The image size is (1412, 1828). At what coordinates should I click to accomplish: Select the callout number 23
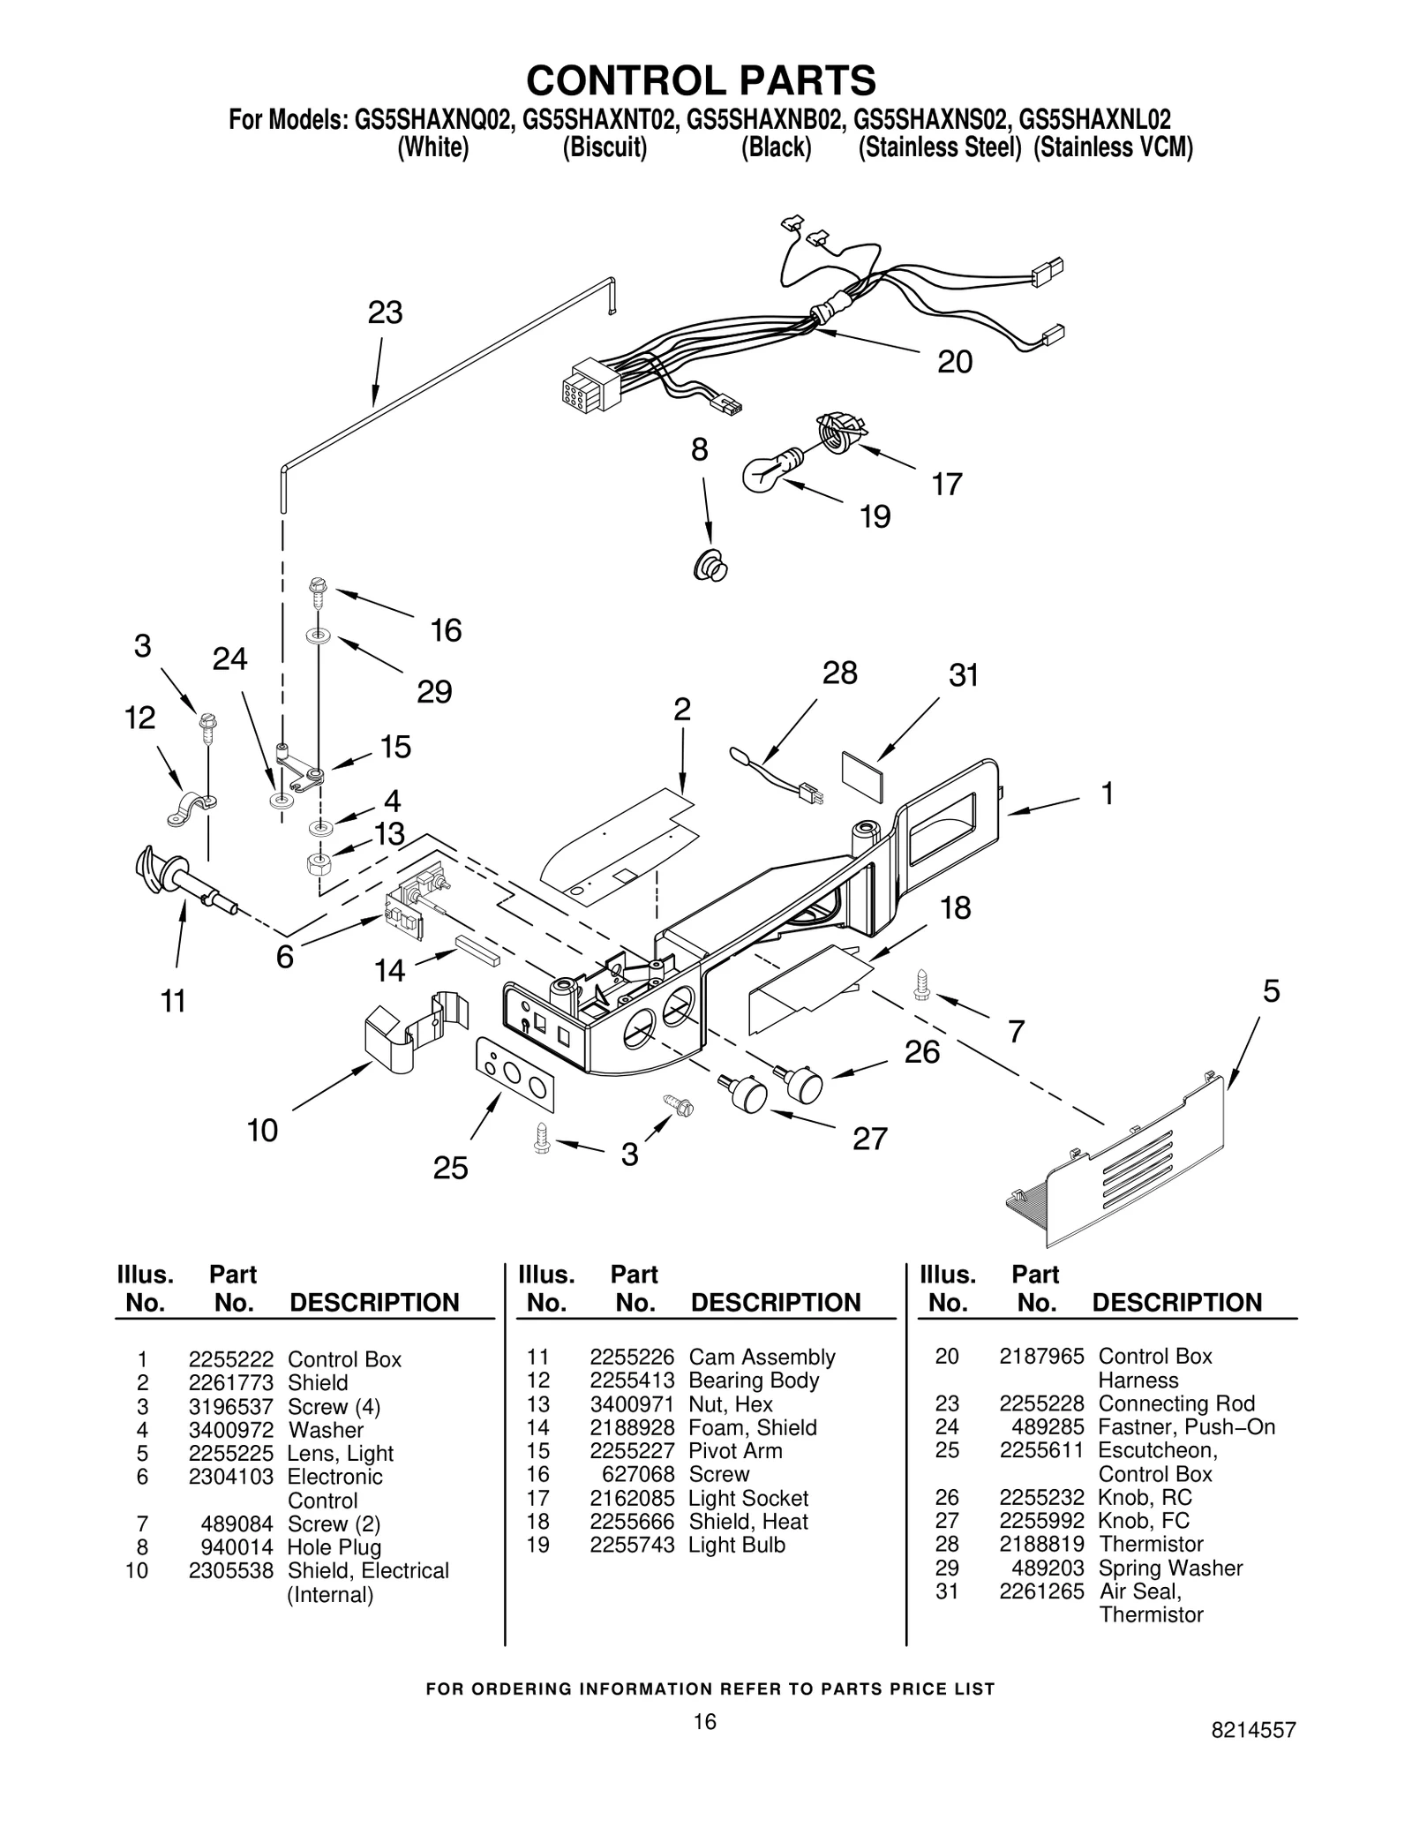click(385, 312)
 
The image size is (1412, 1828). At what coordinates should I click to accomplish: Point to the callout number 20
click(954, 362)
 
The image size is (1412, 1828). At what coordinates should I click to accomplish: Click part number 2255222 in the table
click(230, 1359)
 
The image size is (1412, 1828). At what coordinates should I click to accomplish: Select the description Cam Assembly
click(762, 1357)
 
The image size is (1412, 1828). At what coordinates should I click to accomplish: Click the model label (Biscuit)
click(605, 147)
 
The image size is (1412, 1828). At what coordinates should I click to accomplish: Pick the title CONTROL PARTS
click(701, 80)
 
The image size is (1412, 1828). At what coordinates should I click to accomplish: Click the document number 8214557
click(1253, 1754)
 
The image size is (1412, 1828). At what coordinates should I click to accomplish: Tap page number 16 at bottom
click(704, 1721)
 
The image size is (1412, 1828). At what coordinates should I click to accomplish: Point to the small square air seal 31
click(862, 776)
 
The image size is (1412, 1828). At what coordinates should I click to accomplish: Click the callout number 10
click(262, 1130)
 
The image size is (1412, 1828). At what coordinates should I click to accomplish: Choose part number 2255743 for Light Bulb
click(632, 1545)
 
